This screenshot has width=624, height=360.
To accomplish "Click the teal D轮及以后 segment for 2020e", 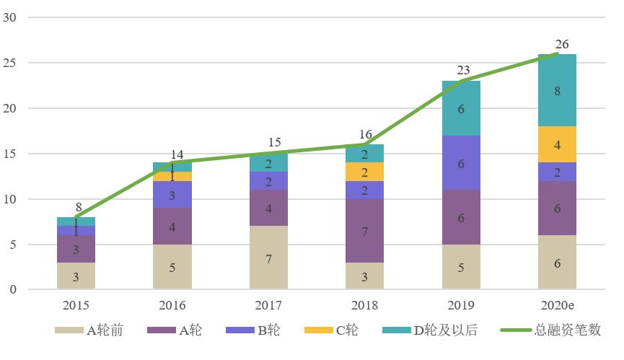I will tap(557, 90).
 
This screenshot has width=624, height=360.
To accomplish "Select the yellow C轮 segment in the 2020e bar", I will tap(557, 144).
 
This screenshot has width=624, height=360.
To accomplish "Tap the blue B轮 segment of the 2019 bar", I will tap(461, 163).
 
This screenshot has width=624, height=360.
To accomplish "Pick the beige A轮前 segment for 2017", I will tap(268, 258).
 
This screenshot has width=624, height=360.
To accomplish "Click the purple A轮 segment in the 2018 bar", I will tap(364, 231).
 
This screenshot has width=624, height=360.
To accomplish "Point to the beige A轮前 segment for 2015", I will tap(76, 276).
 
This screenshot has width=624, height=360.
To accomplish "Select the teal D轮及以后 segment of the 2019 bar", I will tap(461, 108).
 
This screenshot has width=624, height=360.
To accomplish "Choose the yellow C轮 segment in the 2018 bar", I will tap(364, 172).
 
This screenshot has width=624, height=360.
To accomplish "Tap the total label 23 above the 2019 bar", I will tap(463, 71).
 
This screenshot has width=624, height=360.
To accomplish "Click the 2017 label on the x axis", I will tap(268, 305).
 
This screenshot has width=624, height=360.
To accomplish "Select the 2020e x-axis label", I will tap(557, 305).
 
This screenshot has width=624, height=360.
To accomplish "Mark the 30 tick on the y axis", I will tap(11, 17).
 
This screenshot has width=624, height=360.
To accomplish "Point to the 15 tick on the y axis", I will tap(11, 154).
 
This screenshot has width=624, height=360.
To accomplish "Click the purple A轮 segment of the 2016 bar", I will tap(172, 227).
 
